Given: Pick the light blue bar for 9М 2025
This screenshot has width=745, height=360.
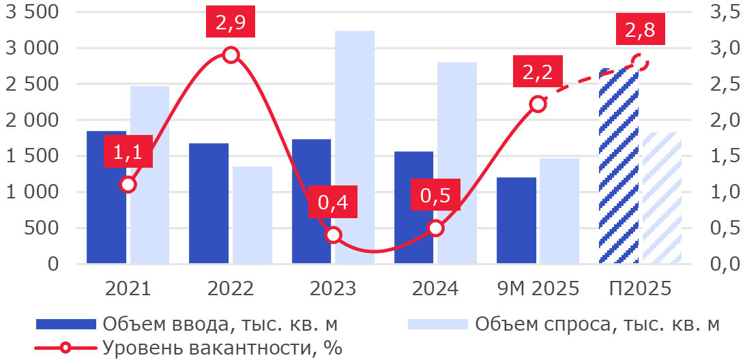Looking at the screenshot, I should pos(559,211).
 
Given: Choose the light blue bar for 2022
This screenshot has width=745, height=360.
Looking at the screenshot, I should pos(252,215).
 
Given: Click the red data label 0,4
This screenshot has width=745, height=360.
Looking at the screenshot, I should pos(333,202).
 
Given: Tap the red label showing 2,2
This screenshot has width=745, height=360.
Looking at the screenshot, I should pos(538,72).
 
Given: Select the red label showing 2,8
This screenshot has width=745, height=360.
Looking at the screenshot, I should pos(639,31).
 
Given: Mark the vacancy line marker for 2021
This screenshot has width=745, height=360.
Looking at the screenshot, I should pos(128,184).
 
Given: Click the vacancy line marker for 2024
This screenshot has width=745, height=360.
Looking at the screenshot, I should pos(435,228).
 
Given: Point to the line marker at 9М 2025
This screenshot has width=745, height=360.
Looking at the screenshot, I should pos(538,104).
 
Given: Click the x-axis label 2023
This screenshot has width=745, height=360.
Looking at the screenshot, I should pos(333,288).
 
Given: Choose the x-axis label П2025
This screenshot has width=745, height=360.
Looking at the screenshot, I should pos(640,288).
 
